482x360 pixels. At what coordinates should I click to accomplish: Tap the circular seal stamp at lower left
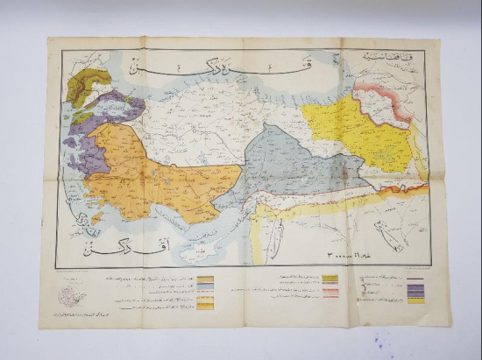point(68,299)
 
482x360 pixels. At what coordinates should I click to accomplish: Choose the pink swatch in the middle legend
point(330,293)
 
